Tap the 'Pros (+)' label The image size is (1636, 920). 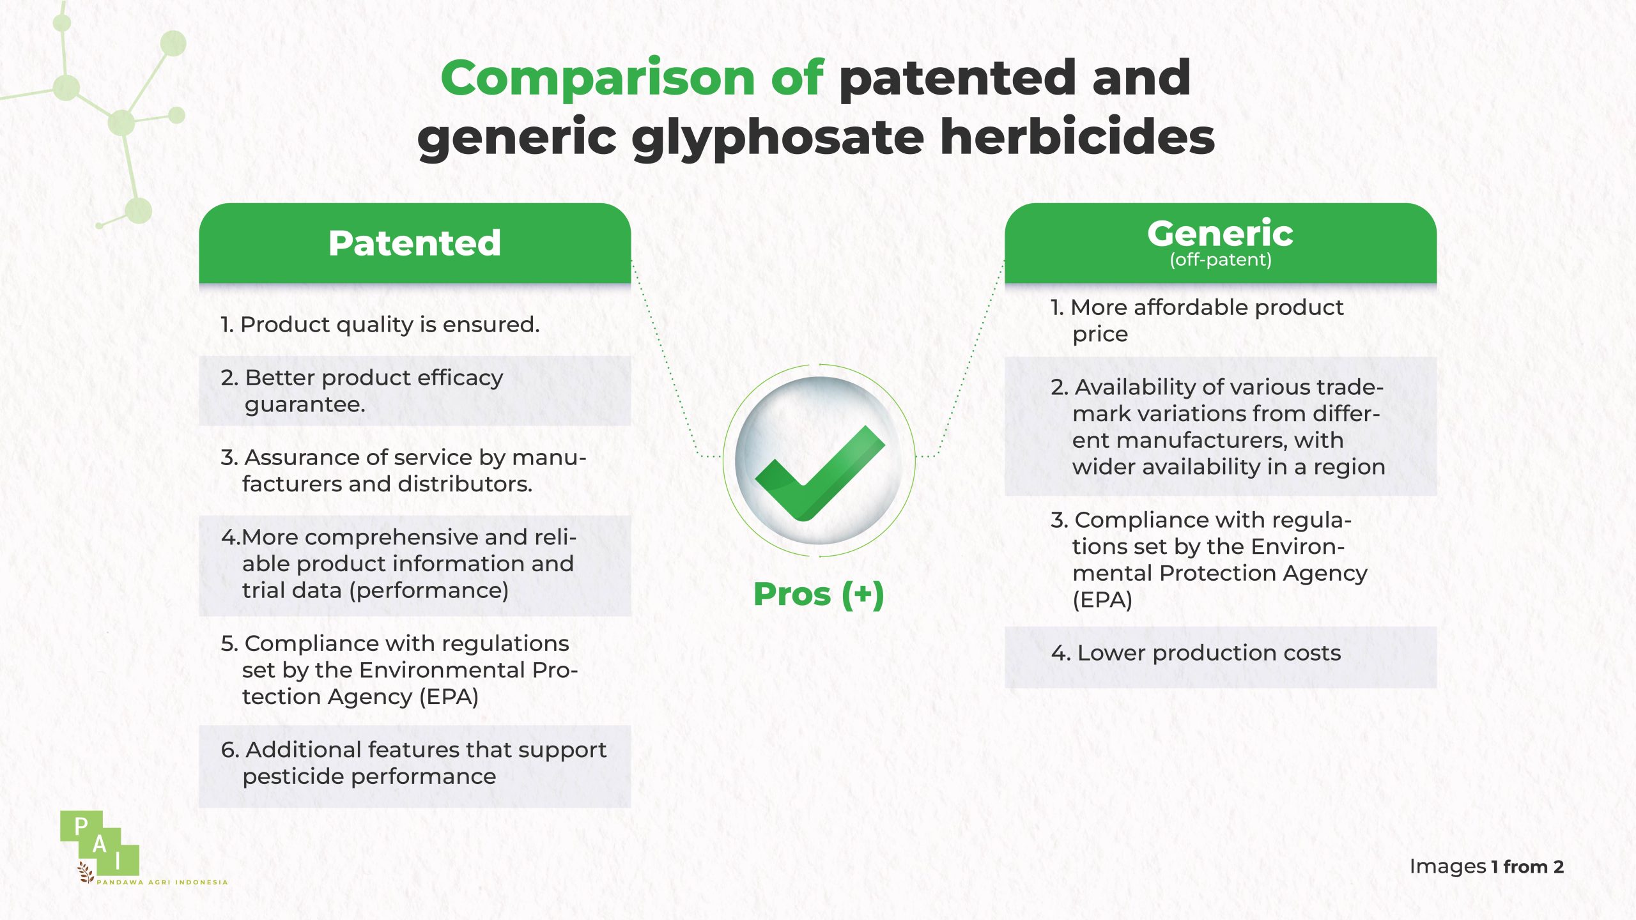[819, 595]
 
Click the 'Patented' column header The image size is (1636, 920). [415, 243]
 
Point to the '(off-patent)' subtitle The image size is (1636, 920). [1221, 260]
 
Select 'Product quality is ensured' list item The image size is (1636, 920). [380, 325]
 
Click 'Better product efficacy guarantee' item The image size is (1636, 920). [362, 391]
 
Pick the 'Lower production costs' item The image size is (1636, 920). [1196, 653]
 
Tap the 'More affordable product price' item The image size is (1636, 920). [1197, 321]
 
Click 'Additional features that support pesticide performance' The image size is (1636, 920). [413, 763]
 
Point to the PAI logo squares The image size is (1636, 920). [100, 843]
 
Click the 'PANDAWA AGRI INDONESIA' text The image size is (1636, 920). [162, 882]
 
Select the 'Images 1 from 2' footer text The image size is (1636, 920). [1486, 867]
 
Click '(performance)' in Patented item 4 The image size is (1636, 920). [429, 591]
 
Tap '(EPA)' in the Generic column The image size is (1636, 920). [1102, 601]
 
